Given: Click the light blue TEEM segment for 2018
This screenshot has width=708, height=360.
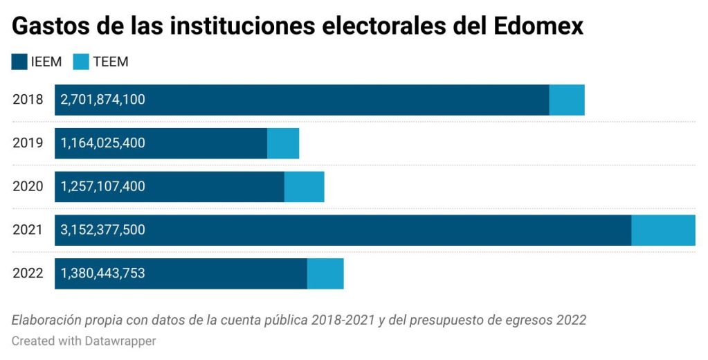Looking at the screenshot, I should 567,100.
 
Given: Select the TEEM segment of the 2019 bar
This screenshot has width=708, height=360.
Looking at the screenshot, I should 283,143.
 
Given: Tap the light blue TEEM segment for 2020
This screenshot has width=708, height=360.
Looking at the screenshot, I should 304,187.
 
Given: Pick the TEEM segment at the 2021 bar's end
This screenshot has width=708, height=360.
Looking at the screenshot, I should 663,230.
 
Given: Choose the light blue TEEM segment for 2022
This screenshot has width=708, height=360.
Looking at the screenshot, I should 325,273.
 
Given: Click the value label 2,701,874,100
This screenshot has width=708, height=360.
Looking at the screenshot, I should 103,100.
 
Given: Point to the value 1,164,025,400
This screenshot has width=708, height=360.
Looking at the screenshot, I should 103,143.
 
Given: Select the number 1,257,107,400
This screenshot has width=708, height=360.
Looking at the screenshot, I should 103,187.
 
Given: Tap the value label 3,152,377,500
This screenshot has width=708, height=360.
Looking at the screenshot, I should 103,230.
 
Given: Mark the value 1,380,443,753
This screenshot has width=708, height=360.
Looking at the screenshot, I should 103,273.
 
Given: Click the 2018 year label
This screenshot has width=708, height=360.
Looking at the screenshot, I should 28,100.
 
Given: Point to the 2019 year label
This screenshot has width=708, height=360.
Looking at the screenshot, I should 28,143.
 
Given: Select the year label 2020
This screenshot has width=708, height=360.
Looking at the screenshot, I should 28,187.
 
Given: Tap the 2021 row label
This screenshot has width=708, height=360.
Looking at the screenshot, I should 28,230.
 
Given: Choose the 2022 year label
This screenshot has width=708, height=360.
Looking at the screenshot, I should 28,273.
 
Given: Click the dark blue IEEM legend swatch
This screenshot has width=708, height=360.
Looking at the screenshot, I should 19,62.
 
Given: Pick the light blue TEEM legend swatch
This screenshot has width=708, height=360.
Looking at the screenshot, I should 81,62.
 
